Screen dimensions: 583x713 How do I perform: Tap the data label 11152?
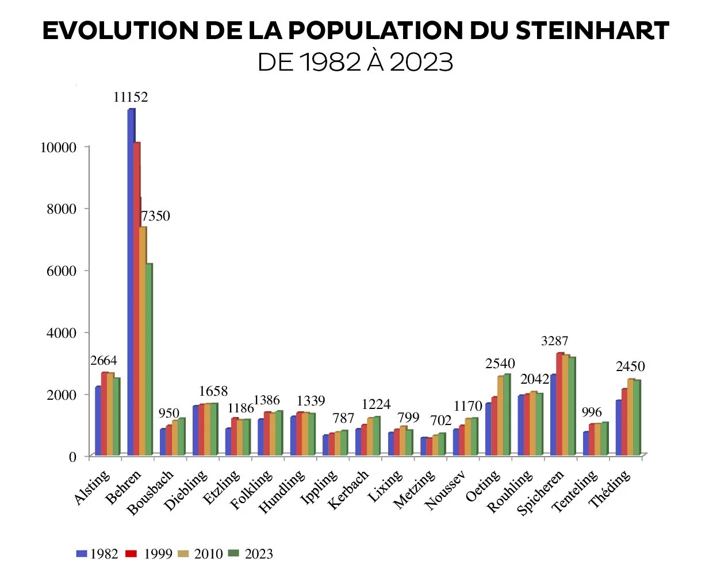(131, 97)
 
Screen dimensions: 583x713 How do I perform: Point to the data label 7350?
(156, 216)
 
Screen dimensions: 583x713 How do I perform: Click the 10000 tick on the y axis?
(58, 148)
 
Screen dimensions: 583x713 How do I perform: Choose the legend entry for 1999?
(149, 554)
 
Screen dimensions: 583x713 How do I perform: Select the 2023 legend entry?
(251, 554)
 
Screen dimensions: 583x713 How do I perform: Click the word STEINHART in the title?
(592, 31)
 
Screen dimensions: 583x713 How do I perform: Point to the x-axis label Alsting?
(92, 487)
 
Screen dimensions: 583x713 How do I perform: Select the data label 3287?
(554, 341)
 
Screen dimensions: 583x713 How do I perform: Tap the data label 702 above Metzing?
(441, 420)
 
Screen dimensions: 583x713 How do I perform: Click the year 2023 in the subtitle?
(421, 62)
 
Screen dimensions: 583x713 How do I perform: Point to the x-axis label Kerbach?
(348, 489)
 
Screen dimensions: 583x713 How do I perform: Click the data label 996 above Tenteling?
(592, 412)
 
